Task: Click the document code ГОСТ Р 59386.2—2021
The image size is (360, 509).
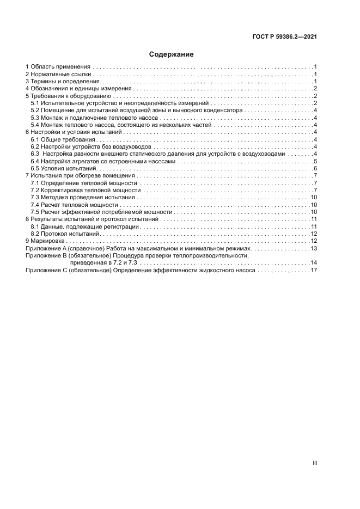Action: point(285,38)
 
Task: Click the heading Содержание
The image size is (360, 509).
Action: point(172,54)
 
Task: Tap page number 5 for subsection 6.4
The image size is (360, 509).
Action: point(315,162)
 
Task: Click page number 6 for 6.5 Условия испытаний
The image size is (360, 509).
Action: point(315,169)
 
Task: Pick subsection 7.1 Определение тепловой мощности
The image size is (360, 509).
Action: point(83,183)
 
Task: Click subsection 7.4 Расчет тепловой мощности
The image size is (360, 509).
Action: point(74,205)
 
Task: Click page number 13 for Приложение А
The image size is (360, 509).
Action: point(314,248)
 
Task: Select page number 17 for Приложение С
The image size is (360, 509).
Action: point(314,270)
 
